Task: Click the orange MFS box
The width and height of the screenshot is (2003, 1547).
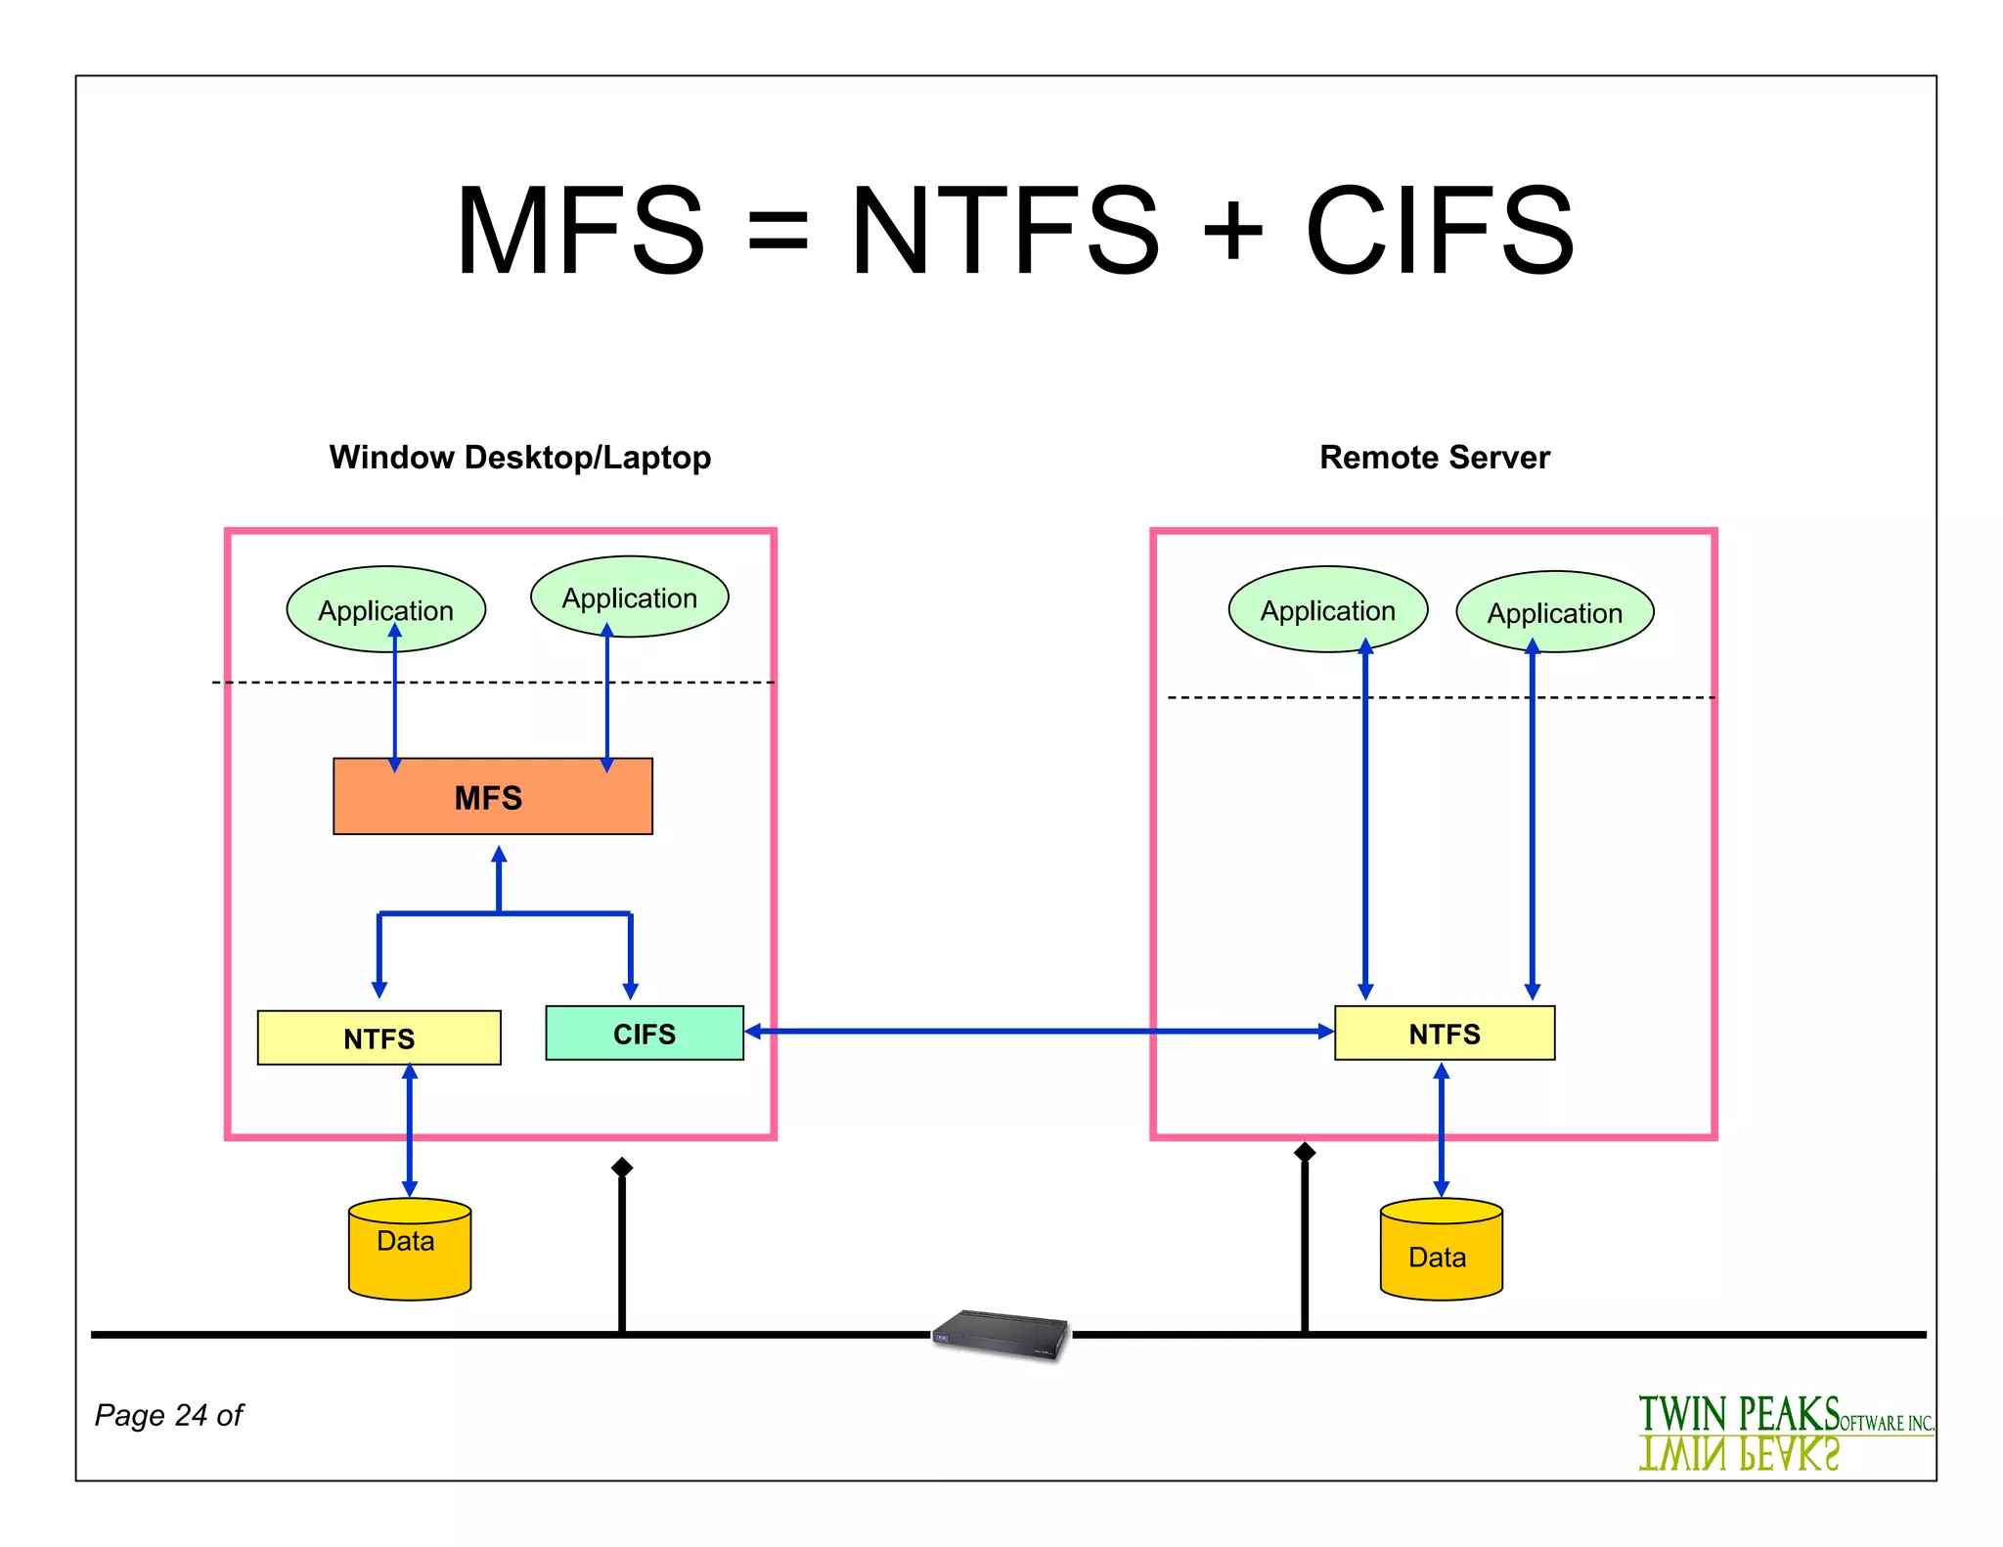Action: click(x=492, y=796)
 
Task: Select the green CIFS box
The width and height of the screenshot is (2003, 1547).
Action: click(x=644, y=1033)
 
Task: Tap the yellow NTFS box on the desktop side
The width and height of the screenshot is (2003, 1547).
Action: click(x=378, y=1038)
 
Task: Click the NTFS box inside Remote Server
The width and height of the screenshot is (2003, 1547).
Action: click(x=1444, y=1033)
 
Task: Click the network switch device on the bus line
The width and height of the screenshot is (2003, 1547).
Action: click(x=1001, y=1334)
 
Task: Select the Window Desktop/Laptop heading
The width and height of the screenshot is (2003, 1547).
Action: click(x=519, y=457)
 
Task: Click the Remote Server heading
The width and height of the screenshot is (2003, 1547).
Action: click(x=1434, y=457)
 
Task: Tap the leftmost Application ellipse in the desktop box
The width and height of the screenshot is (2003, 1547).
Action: click(x=385, y=608)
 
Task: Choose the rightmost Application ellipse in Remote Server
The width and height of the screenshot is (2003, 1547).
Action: click(x=1554, y=611)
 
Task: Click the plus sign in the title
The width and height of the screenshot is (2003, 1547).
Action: click(x=1232, y=231)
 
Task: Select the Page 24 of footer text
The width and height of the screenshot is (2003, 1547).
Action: click(x=168, y=1414)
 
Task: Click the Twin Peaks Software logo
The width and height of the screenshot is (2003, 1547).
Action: click(x=1785, y=1432)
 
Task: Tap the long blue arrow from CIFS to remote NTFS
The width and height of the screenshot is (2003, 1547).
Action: click(x=1037, y=1031)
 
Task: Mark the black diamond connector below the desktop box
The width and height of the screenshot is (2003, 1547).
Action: click(x=622, y=1167)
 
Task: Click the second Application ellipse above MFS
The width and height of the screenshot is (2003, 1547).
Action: click(x=629, y=597)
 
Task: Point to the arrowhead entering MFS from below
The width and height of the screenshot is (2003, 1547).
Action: click(x=499, y=855)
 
